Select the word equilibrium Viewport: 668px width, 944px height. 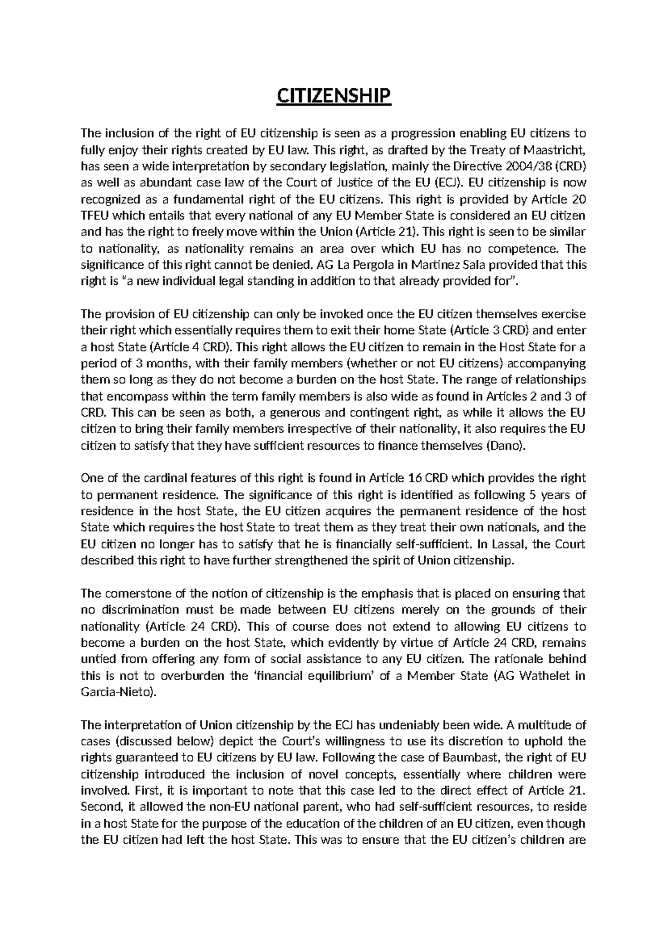tap(323, 676)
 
